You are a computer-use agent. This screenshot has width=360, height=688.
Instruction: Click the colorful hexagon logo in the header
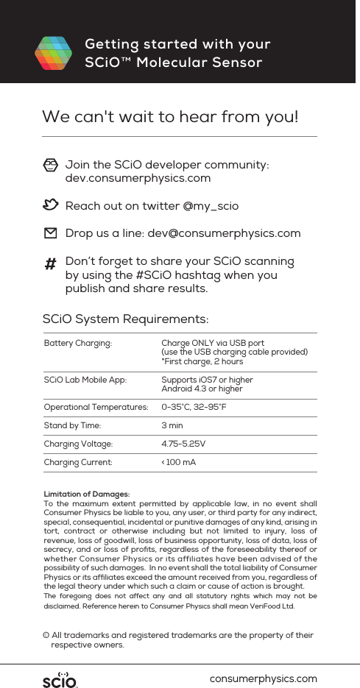53,53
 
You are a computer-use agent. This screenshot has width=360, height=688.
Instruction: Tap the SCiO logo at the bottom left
60,678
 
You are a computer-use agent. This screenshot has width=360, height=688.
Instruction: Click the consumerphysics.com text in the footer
264,678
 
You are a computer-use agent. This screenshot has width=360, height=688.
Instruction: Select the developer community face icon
50,164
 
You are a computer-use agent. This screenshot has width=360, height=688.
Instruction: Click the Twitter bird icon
50,205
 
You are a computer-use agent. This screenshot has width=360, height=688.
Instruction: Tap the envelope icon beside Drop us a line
50,233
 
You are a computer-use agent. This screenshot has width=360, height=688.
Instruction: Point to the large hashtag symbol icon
51,264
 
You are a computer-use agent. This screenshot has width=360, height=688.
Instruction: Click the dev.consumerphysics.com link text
138,178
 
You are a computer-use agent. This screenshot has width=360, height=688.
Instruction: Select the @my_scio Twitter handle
211,206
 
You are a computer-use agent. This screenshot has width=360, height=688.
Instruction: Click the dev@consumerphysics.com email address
224,233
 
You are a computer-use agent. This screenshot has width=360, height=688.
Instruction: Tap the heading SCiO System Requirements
125,319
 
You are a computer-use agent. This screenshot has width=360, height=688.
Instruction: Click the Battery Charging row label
78,343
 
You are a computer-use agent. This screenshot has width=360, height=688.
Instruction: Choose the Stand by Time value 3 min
172,425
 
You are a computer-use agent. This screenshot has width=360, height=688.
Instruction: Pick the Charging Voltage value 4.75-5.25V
183,444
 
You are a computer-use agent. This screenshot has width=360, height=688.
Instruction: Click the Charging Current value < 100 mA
178,462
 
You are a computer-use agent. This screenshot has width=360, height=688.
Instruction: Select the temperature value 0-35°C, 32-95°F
194,407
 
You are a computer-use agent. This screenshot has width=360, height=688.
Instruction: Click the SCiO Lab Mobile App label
85,380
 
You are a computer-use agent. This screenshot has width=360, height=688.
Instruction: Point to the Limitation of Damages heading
87,494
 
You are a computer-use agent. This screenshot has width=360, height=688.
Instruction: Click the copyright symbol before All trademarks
46,635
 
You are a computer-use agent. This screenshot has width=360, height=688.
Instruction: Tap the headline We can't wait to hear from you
170,117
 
